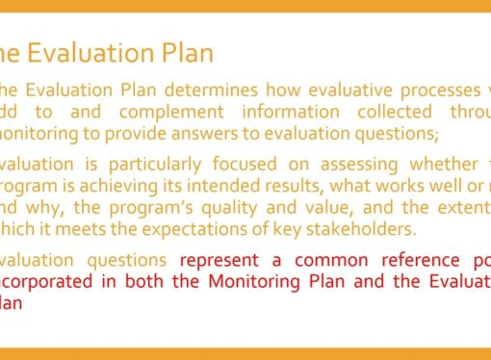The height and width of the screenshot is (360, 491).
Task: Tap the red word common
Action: click(x=332, y=260)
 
